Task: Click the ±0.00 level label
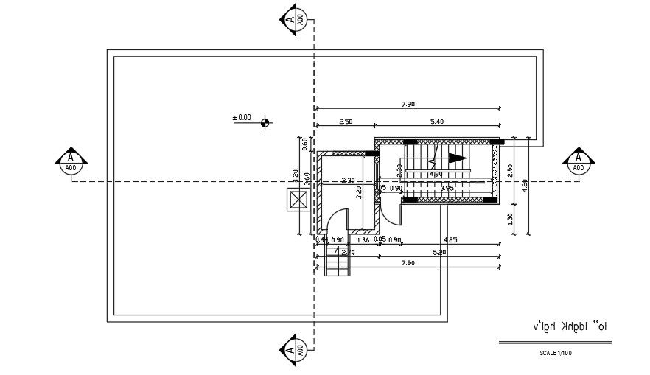[x=242, y=117]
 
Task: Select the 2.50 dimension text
[x=346, y=122]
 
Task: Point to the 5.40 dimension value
[x=436, y=122]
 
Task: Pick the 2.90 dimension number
[x=509, y=169]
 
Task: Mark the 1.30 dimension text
[x=509, y=219]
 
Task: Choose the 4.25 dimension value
[x=451, y=240]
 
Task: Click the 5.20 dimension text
[x=439, y=252]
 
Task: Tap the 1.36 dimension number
[x=363, y=240]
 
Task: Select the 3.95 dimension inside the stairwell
[x=447, y=189]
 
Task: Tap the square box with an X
[x=298, y=200]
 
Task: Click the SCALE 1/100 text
[x=556, y=354]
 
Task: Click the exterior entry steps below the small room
[x=338, y=261]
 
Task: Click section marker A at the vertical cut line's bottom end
[x=295, y=349]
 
